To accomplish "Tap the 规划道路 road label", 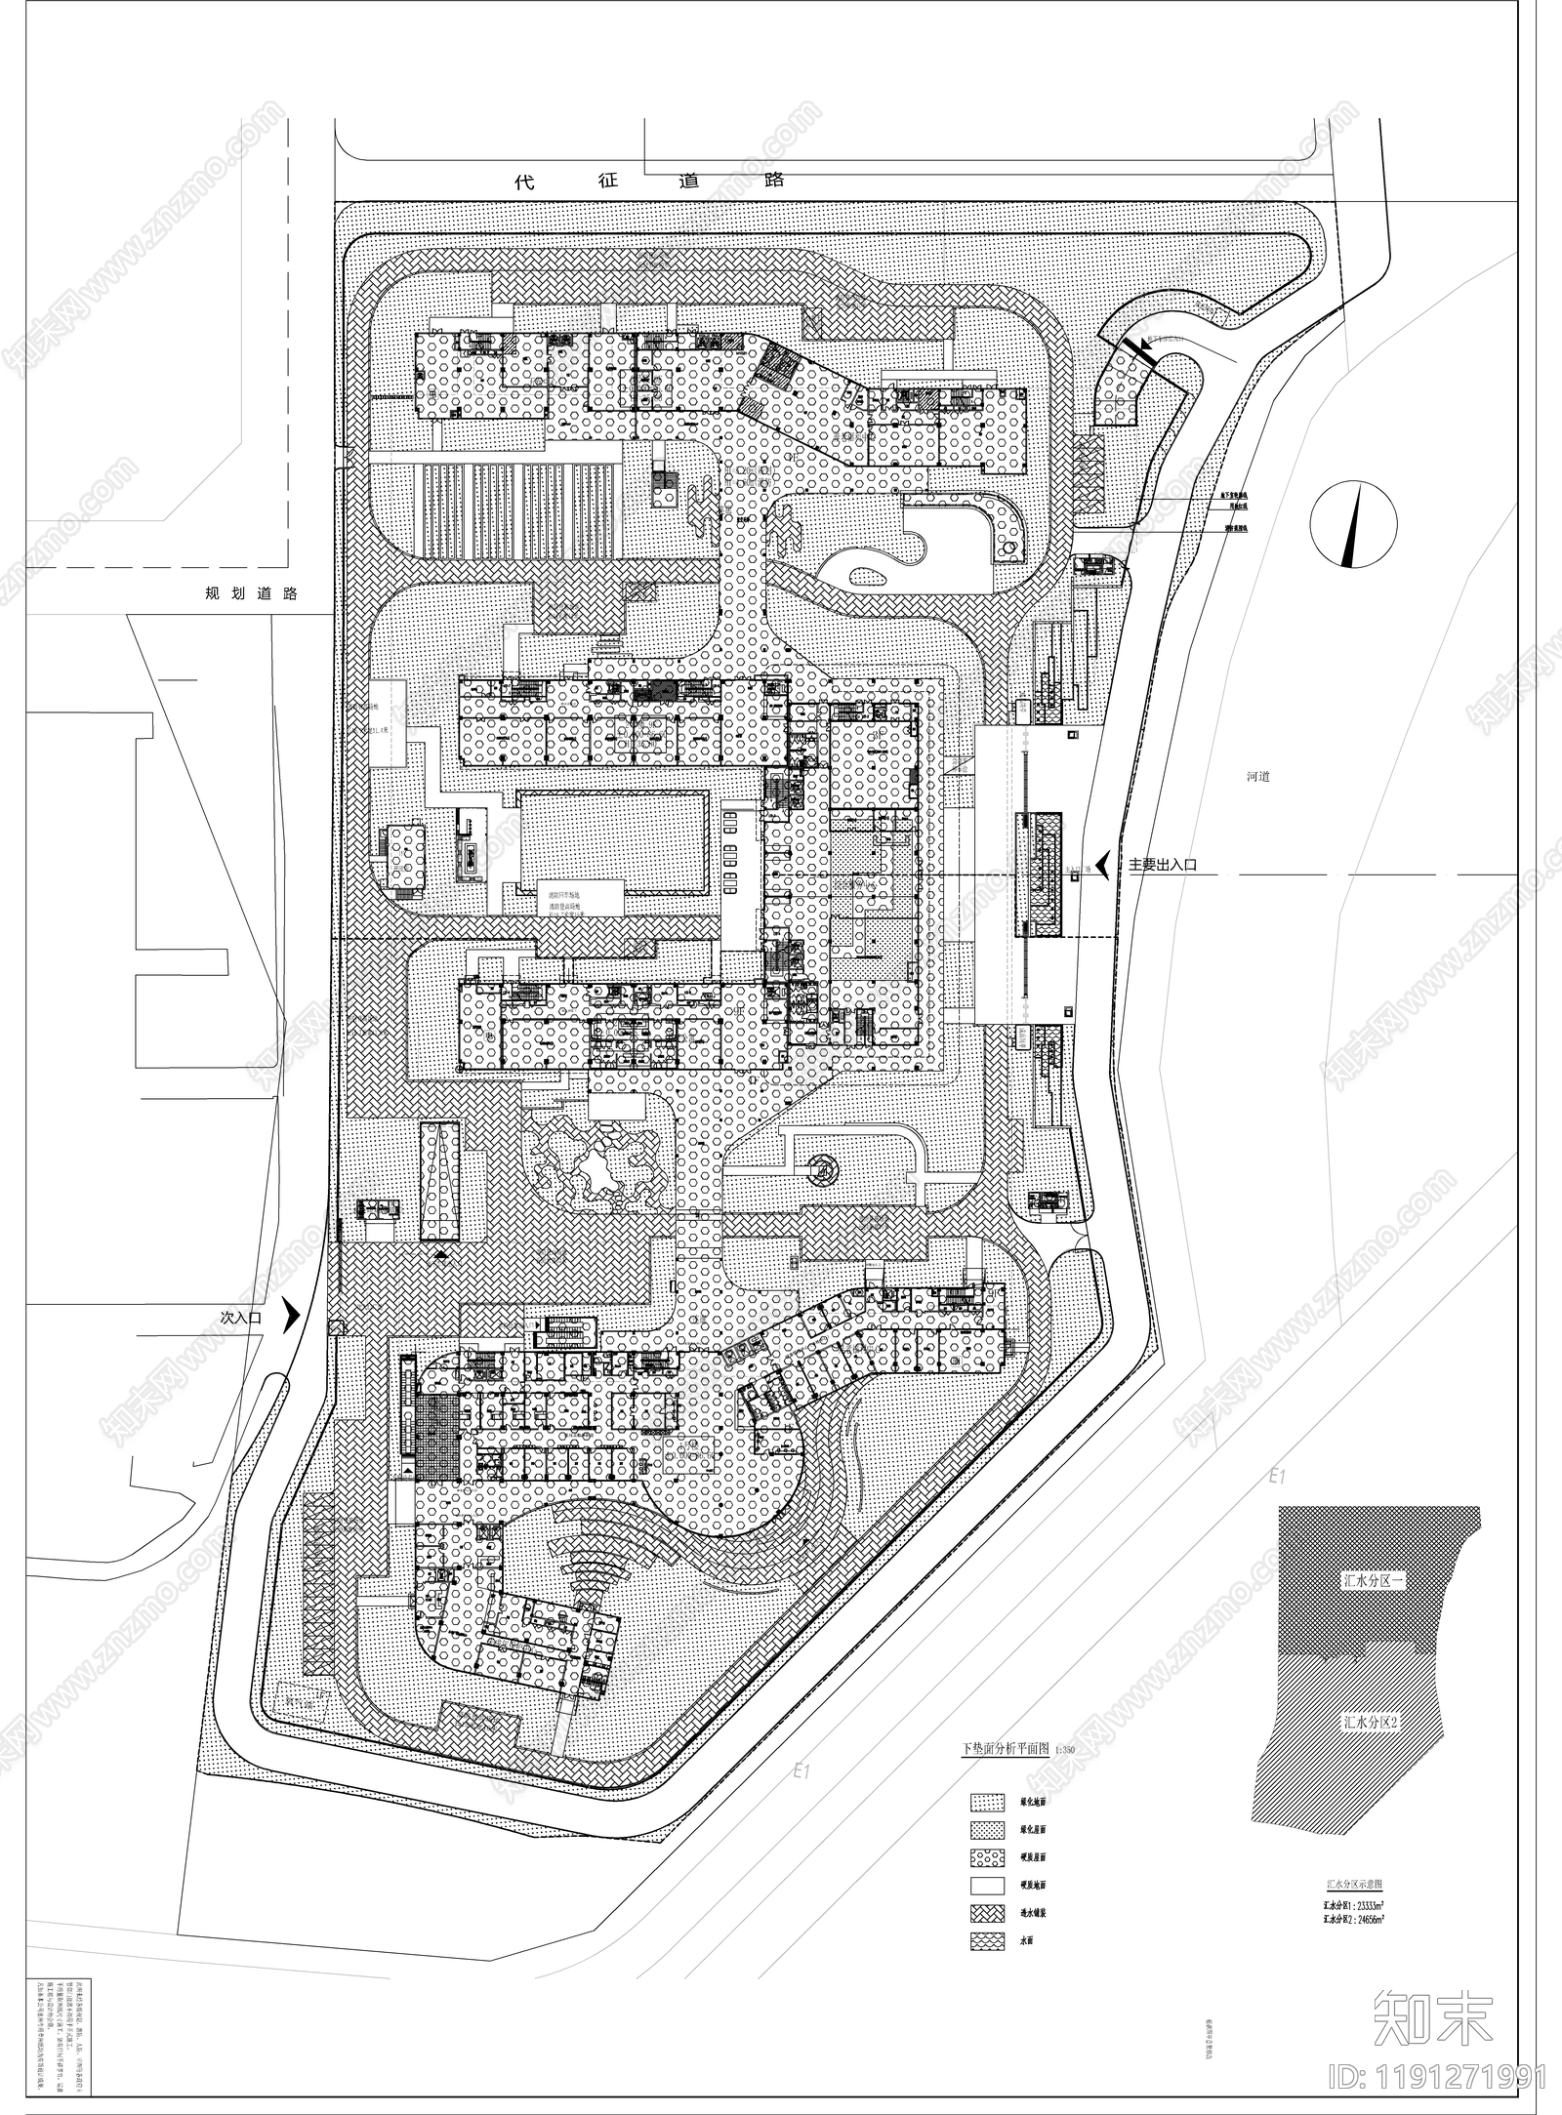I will (250, 592).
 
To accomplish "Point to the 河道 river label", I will (1257, 777).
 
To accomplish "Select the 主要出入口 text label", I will (1162, 865).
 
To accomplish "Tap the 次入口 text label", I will (241, 1317).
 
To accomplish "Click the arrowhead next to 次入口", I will (290, 1317).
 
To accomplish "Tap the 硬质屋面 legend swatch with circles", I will (987, 1857).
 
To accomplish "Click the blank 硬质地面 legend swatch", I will (987, 1886).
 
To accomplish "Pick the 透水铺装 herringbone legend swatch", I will (987, 1913).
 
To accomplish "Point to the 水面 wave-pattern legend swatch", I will (987, 1940).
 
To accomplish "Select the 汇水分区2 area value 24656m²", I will (1355, 1918).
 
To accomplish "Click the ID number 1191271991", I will (1439, 2073).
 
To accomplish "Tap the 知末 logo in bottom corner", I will (1432, 2013).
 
